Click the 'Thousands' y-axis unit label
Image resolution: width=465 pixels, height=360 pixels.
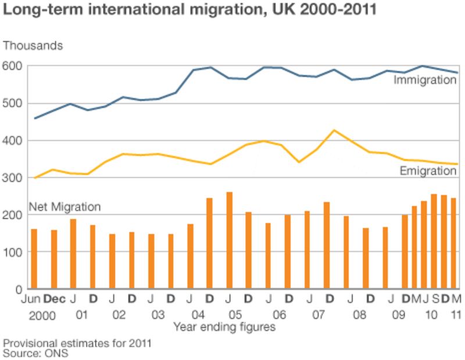coord(33,45)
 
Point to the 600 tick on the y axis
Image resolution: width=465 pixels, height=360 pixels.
coord(13,66)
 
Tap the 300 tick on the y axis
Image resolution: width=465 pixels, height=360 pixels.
coord(13,178)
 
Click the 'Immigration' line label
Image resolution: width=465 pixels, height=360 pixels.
coord(425,80)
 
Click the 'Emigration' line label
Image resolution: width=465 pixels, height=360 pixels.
coord(428,171)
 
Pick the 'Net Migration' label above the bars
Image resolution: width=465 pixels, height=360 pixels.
coord(65,207)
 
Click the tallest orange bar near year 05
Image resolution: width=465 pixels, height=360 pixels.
coord(229,240)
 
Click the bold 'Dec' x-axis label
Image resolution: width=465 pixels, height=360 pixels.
coord(55,299)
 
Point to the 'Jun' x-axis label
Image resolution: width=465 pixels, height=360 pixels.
coord(31,299)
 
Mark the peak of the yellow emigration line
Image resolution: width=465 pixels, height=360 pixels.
coord(334,130)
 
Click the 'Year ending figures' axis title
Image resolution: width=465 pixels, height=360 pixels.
coord(223,327)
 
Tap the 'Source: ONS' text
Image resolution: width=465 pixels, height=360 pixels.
coord(35,352)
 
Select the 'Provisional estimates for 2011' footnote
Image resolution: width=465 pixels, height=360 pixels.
coord(77,343)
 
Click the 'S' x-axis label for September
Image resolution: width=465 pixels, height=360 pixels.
coord(435,299)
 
